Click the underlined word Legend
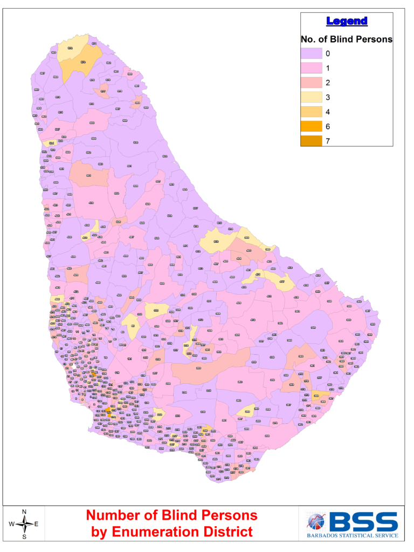click(347, 22)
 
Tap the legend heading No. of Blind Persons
click(346, 39)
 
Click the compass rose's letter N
click(24, 512)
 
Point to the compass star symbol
click(24, 523)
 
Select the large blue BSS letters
click(363, 521)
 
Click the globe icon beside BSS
click(316, 522)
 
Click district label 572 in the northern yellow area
click(70, 49)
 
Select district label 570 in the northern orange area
click(83, 63)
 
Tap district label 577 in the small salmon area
click(103, 92)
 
